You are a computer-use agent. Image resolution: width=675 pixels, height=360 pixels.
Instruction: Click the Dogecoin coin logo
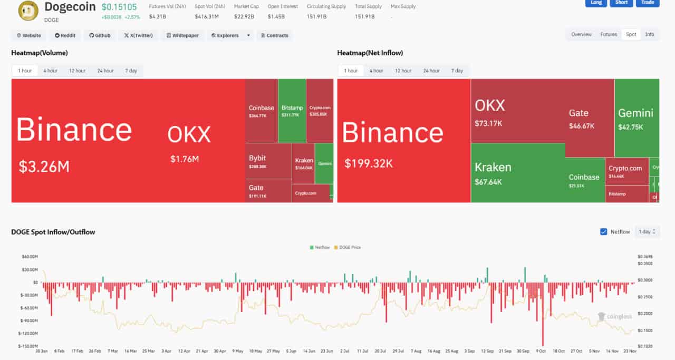pos(28,10)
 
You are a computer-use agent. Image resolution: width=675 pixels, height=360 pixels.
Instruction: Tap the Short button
pos(621,3)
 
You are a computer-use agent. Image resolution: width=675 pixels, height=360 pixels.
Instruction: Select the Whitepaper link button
pos(182,35)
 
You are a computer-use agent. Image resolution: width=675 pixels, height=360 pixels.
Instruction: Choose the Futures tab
pos(609,34)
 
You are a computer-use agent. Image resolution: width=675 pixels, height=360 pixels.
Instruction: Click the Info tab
pos(649,34)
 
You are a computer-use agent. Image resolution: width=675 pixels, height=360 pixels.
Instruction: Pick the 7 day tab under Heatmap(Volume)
pos(131,71)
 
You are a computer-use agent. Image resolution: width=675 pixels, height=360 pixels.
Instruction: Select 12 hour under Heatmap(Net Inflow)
pos(403,71)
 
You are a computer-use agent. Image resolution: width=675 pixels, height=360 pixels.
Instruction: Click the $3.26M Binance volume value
pos(44,167)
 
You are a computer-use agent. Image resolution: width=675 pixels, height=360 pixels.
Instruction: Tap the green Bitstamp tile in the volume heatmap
pos(292,111)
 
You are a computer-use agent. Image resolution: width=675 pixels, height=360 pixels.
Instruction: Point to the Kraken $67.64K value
pos(488,182)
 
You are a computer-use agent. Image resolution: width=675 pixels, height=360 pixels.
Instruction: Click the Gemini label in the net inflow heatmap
pos(635,113)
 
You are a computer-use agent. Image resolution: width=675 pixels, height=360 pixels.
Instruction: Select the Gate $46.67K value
pos(582,126)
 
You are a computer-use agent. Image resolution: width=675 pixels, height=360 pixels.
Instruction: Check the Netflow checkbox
pos(604,231)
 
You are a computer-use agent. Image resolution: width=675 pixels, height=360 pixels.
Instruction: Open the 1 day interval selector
pos(647,231)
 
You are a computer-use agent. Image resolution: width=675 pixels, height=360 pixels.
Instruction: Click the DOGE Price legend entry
pos(349,247)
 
